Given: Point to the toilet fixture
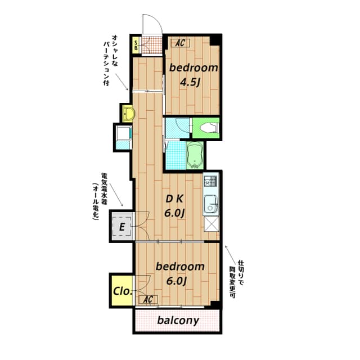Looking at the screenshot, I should click(206, 128).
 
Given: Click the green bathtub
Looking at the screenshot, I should click(195, 155).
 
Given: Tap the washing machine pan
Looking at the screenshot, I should click(123, 136).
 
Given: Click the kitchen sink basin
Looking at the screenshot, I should click(211, 203).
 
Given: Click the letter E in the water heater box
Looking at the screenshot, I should click(121, 228).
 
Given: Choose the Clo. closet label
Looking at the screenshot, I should click(122, 291).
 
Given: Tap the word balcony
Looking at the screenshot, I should click(178, 321).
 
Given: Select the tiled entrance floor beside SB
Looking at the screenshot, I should click(151, 46).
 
